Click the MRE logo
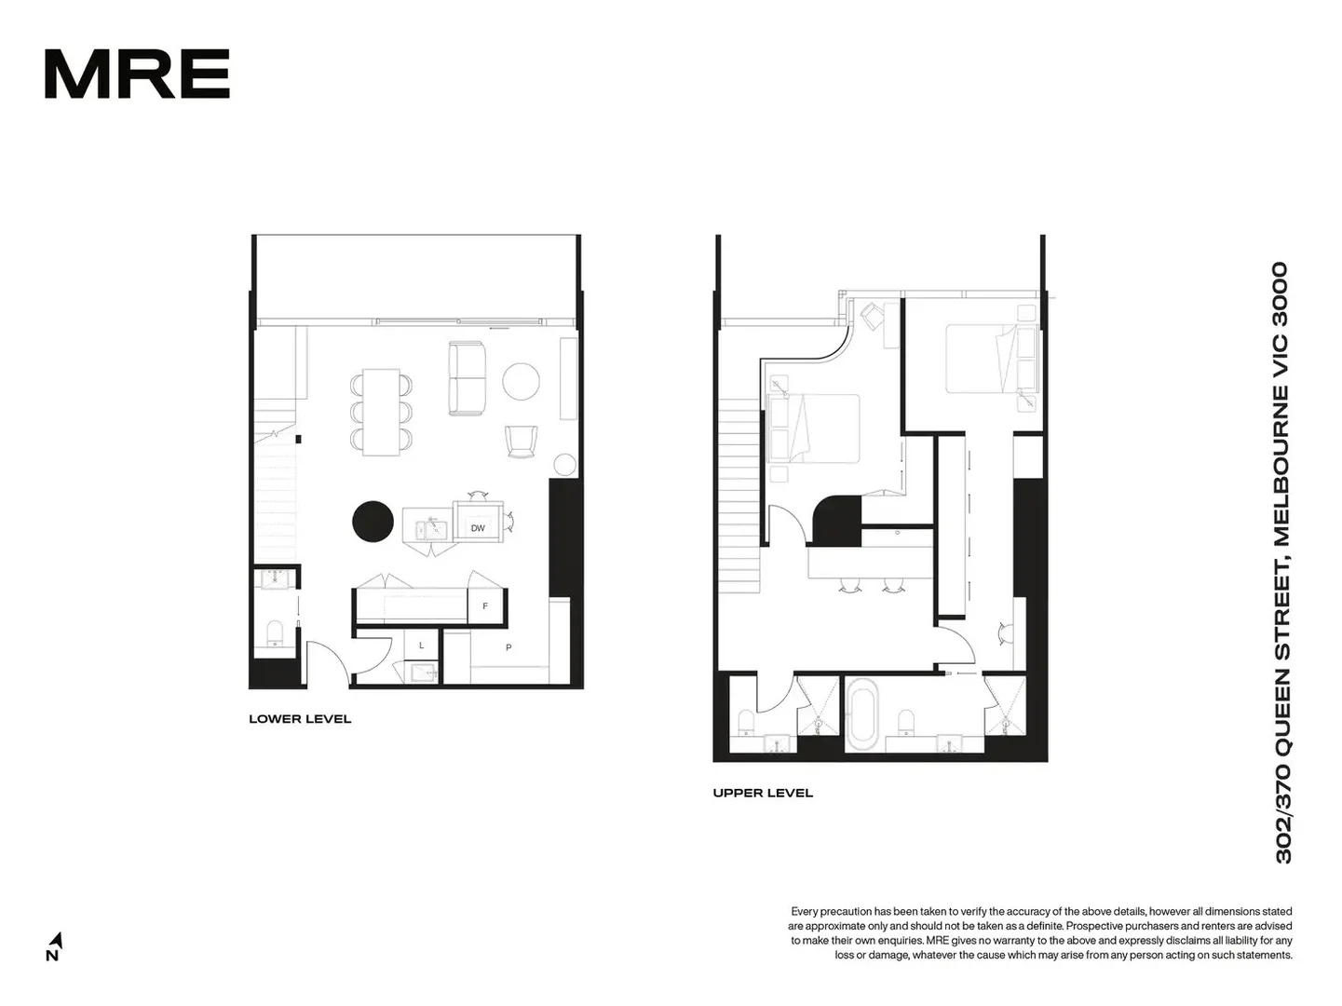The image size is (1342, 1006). coord(137,75)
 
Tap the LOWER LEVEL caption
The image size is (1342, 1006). coord(300,719)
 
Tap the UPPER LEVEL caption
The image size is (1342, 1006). coord(763,794)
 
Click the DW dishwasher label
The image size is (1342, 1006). coord(478,528)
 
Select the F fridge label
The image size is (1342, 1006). coord(485,606)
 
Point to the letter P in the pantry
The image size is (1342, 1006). coord(508,647)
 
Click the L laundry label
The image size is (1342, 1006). coord(421,646)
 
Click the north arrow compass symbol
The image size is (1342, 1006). coord(54,945)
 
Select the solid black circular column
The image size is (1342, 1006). coord(373,521)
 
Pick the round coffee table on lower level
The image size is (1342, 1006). coord(521,381)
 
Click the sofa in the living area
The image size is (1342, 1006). coord(468,378)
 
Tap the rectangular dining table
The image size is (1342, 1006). coord(381,412)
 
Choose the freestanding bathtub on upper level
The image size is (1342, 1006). coord(862,714)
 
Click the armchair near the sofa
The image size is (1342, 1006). coord(522,441)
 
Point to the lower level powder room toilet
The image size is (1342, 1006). coord(275,633)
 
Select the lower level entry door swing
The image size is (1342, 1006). coord(329,663)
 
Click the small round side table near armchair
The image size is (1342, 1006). coord(565,465)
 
